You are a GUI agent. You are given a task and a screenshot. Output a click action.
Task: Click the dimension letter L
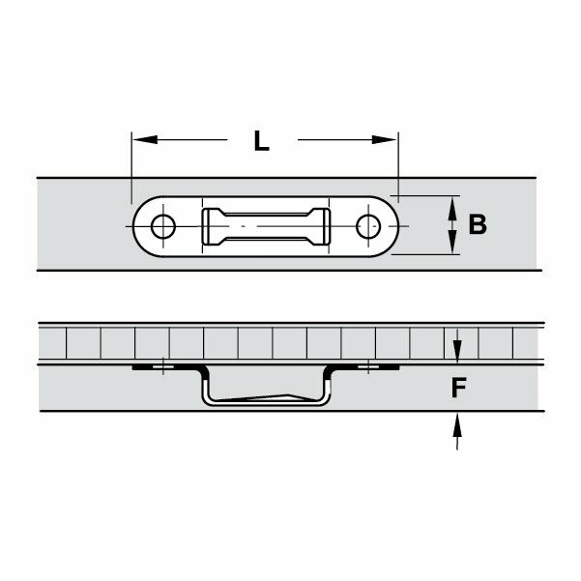pyautogui.click(x=261, y=141)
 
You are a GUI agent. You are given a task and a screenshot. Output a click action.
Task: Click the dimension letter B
pyautogui.click(x=477, y=225)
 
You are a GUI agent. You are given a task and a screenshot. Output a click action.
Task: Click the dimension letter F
pyautogui.click(x=460, y=388)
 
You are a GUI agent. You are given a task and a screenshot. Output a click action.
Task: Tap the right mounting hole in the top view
pyautogui.click(x=366, y=227)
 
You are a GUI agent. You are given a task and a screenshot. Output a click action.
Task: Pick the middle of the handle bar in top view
pyautogui.click(x=265, y=227)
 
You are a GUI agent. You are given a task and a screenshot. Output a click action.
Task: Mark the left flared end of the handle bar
pyautogui.click(x=209, y=227)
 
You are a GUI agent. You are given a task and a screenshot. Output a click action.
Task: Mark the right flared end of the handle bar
pyautogui.click(x=322, y=227)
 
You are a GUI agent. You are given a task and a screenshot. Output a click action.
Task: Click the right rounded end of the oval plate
pyautogui.click(x=392, y=227)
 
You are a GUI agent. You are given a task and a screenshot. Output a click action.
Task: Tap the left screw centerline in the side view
pyautogui.click(x=163, y=367)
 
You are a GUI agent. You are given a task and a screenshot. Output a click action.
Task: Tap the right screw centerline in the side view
pyautogui.click(x=366, y=367)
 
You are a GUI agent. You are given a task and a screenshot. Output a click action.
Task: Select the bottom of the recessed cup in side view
pyautogui.click(x=266, y=401)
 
